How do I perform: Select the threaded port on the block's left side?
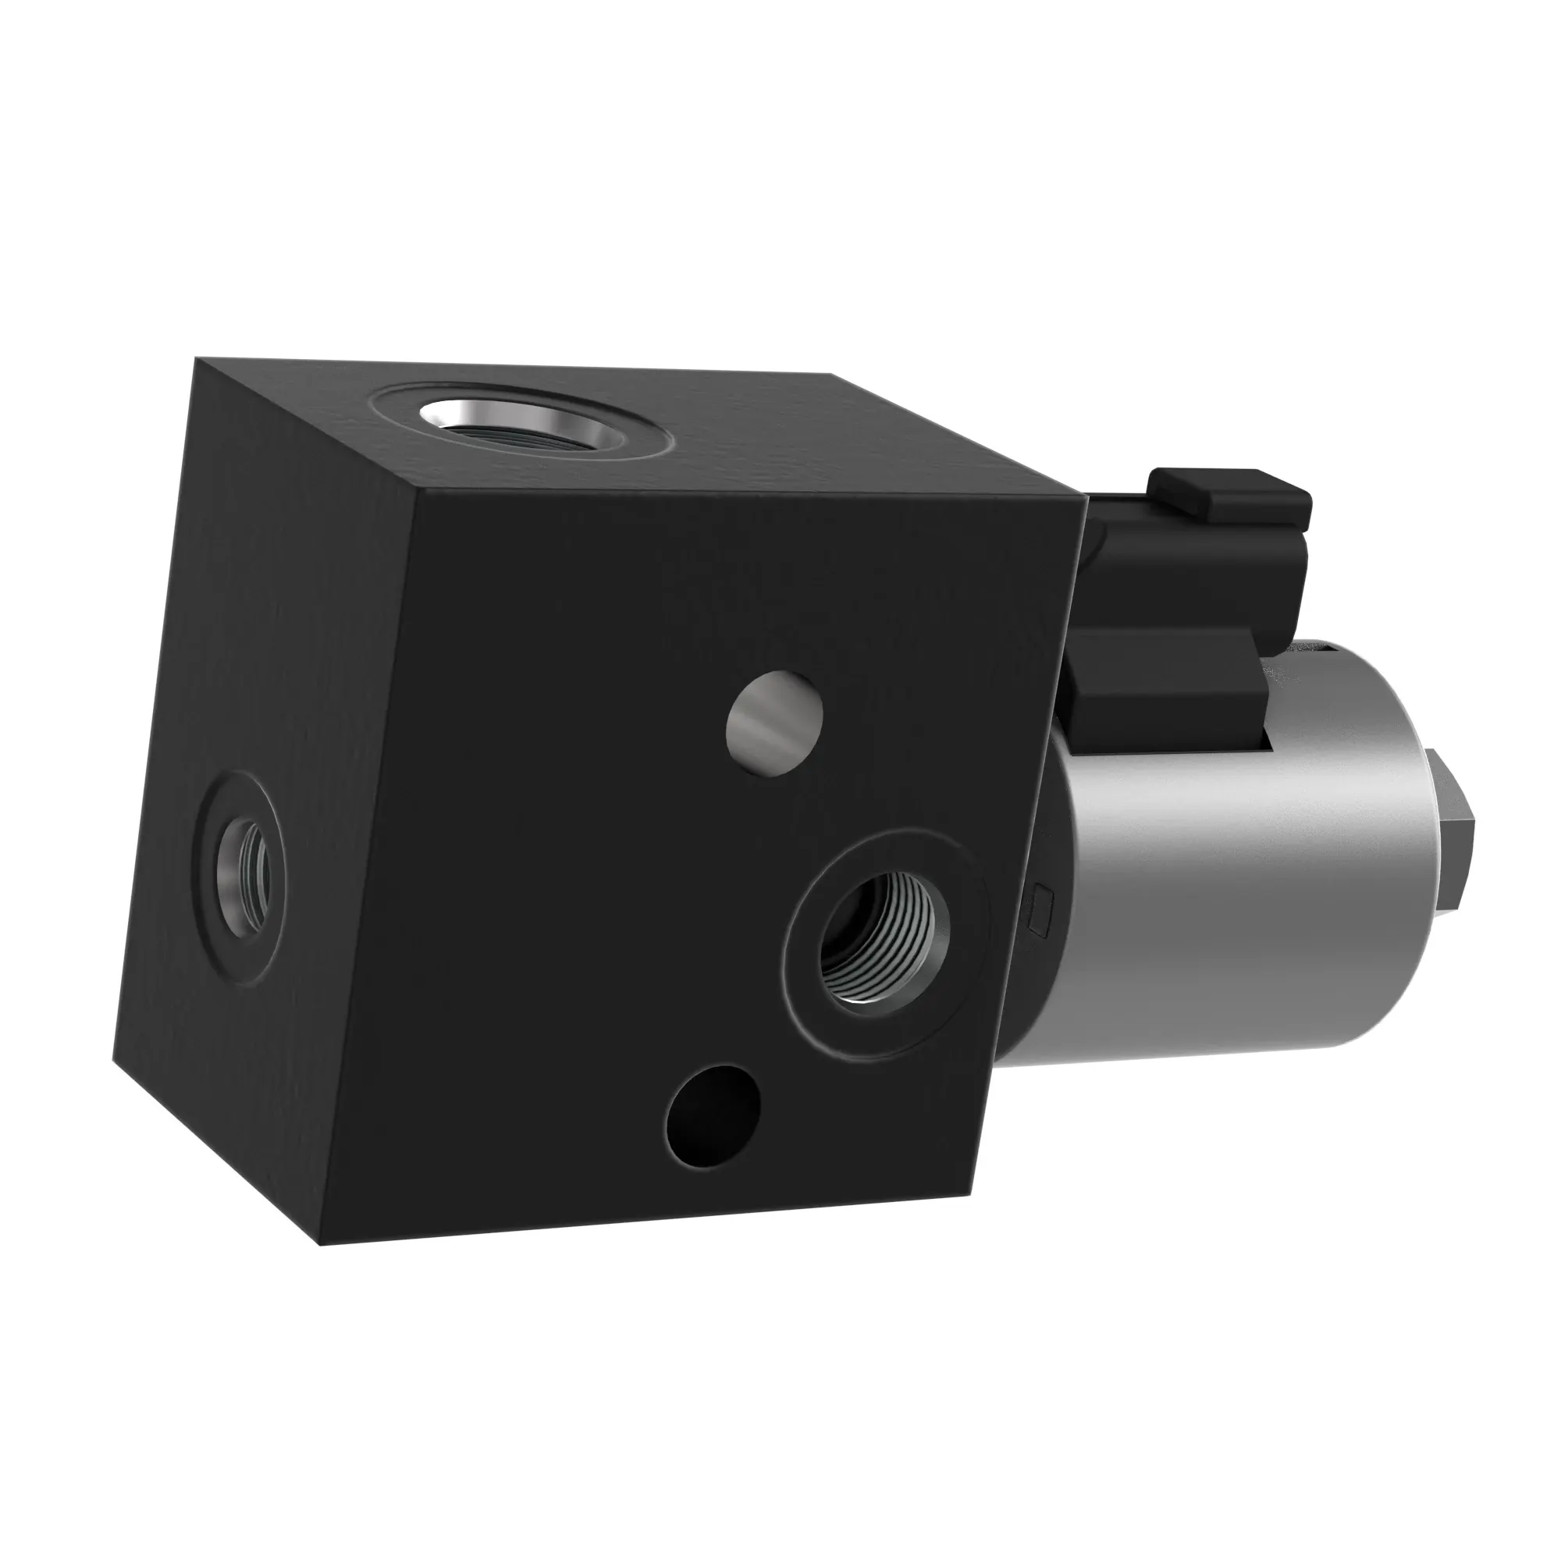click(x=245, y=877)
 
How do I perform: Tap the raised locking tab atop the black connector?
click(x=1228, y=491)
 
